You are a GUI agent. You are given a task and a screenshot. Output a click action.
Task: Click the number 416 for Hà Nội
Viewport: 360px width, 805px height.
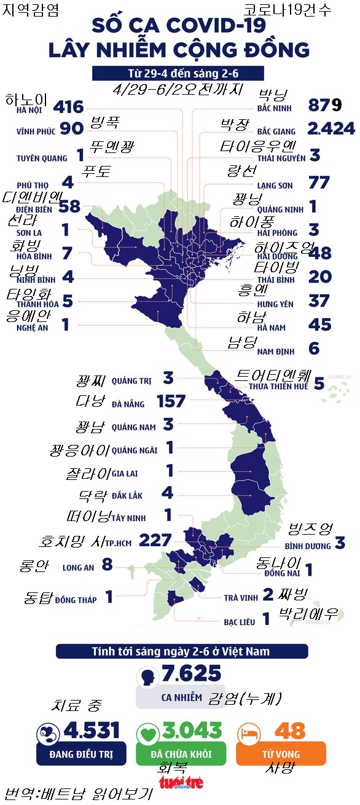68,108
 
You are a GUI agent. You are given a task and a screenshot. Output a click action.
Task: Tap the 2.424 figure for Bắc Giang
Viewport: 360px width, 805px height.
331,128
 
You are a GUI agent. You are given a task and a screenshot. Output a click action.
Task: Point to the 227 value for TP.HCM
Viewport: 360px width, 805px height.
155,540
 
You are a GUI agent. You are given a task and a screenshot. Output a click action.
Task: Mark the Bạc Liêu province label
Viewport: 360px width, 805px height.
238,622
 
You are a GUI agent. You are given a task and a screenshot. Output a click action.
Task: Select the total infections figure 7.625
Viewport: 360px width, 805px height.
191,673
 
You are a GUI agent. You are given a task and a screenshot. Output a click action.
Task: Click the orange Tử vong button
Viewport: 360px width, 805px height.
281,753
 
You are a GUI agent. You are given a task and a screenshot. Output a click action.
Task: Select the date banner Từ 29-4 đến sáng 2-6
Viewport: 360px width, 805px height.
178,73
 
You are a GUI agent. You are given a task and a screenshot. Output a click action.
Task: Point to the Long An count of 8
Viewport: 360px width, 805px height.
107,565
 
